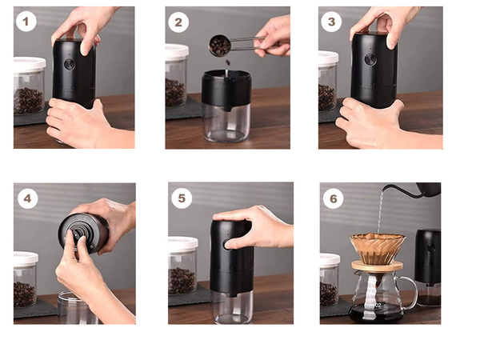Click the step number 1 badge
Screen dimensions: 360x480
tap(26, 22)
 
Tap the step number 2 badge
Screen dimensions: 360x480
tap(178, 22)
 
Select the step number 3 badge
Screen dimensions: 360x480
tap(330, 22)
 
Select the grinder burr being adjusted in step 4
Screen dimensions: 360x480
tap(78, 234)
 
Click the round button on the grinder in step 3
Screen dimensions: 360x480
tap(370, 60)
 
